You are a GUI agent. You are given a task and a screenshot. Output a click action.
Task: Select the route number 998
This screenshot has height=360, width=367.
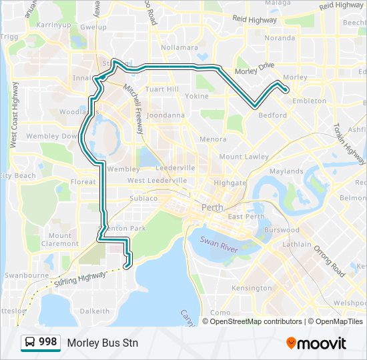(47, 342)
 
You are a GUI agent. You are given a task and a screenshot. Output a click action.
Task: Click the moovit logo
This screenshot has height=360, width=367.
(316, 343)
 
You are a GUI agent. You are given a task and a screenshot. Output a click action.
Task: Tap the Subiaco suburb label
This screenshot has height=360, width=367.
(143, 198)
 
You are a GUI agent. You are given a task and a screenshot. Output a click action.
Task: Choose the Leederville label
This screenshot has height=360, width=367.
(176, 168)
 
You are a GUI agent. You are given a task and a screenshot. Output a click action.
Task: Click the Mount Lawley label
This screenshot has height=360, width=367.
(244, 157)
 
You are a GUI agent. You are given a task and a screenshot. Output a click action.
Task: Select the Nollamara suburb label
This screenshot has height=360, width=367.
(179, 48)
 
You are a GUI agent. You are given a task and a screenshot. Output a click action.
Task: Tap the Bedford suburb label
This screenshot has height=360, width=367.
(272, 115)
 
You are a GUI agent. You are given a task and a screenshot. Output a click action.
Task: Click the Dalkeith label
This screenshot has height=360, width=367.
(94, 311)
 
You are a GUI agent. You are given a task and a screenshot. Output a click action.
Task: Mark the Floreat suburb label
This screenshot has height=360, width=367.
(83, 181)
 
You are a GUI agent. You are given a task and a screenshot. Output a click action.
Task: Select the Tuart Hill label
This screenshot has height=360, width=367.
(162, 89)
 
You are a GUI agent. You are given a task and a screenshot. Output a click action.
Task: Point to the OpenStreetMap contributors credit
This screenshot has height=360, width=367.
(256, 321)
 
